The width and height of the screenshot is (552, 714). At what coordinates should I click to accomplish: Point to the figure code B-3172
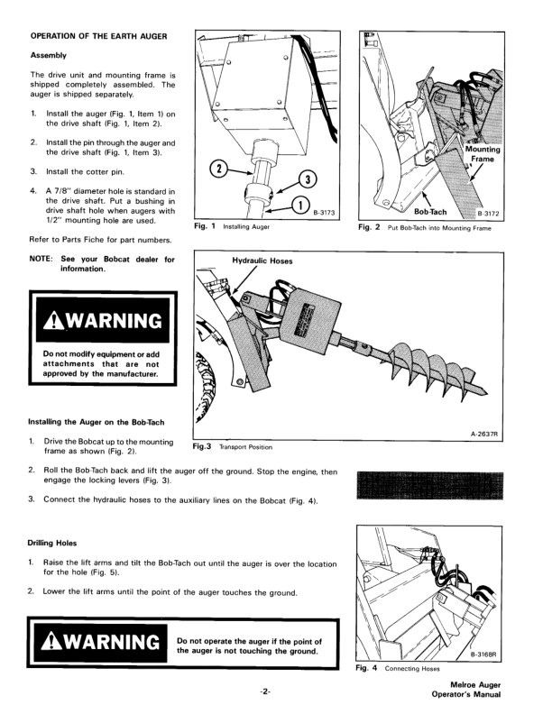pos(487,214)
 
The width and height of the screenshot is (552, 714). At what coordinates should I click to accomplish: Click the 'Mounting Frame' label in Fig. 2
pos(483,154)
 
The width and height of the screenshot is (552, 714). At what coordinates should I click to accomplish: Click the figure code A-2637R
pos(484,435)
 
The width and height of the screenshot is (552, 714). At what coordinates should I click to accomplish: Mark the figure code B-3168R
pos(485,658)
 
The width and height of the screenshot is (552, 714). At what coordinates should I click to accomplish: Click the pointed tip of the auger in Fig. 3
pos(491,394)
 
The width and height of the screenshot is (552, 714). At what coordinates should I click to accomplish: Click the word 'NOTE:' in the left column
pos(43,260)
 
